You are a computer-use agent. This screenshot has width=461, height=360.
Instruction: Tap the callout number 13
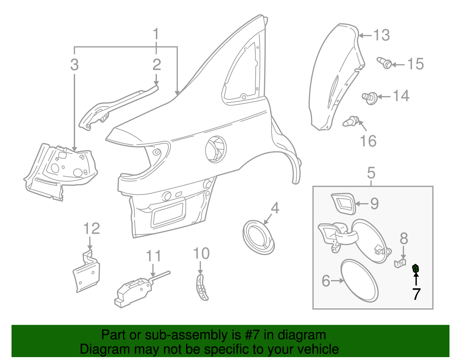[381, 35]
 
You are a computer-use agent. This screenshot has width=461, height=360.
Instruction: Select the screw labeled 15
[384, 63]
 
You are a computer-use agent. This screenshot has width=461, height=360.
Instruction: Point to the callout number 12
[91, 228]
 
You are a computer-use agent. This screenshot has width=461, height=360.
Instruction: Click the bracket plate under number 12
[86, 272]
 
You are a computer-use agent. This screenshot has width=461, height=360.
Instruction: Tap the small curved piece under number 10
[201, 287]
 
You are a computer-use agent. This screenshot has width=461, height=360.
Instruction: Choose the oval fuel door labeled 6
[359, 280]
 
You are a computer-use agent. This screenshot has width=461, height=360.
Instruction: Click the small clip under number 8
[400, 263]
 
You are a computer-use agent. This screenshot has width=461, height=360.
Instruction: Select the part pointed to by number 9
[343, 204]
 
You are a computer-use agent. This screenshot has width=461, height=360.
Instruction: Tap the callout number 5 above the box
[371, 173]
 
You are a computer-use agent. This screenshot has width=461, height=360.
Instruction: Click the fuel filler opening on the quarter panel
[216, 149]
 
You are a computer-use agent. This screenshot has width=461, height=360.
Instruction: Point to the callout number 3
[74, 65]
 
